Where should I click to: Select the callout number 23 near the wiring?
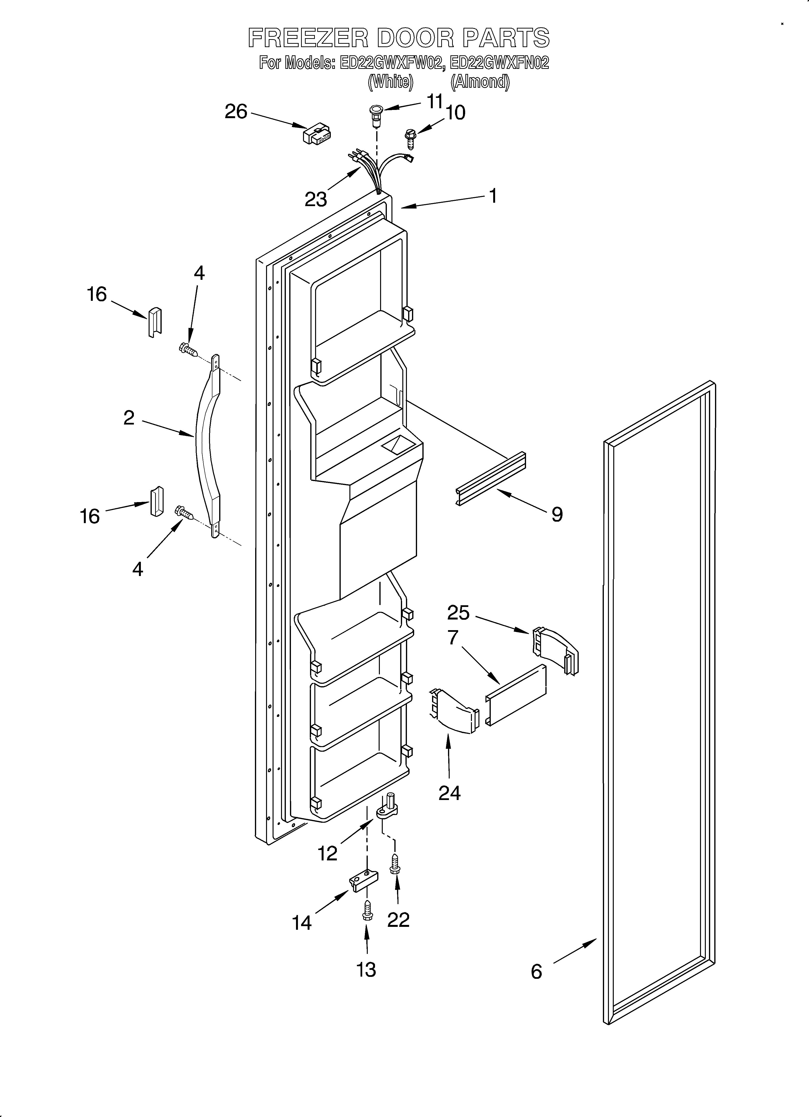(315, 200)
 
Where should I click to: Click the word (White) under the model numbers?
(390, 82)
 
